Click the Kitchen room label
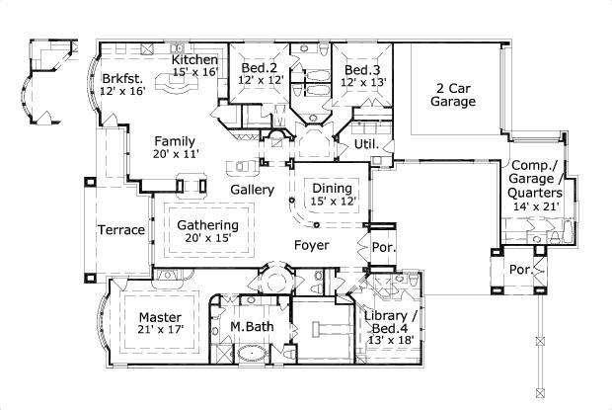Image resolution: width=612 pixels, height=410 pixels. pyautogui.click(x=194, y=59)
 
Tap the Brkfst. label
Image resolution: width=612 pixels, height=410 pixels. pyautogui.click(x=122, y=78)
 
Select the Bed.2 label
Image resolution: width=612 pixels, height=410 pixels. pyautogui.click(x=260, y=67)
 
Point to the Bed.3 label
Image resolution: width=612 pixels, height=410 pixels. pyautogui.click(x=362, y=70)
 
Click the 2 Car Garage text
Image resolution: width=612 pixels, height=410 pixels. pyautogui.click(x=453, y=95)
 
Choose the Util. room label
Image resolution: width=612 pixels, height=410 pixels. pyautogui.click(x=366, y=144)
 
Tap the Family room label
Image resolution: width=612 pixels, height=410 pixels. pyautogui.click(x=175, y=141)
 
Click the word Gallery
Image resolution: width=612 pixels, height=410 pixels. pyautogui.click(x=252, y=190)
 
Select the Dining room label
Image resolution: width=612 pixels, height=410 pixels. pyautogui.click(x=332, y=189)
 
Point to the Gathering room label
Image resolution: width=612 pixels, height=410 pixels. pyautogui.click(x=207, y=225)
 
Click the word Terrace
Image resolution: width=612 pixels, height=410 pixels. pyautogui.click(x=121, y=230)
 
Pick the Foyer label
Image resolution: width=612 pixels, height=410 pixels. pyautogui.click(x=312, y=245)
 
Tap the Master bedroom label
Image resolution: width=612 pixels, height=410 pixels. pyautogui.click(x=160, y=317)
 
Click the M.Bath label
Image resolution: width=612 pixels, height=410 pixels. pyautogui.click(x=252, y=326)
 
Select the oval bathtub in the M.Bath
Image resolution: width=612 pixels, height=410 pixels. pyautogui.click(x=252, y=354)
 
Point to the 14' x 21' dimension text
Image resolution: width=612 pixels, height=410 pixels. pyautogui.click(x=536, y=206)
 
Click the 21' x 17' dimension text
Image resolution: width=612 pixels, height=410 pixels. pyautogui.click(x=161, y=330)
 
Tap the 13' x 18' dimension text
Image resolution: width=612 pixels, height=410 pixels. pyautogui.click(x=391, y=340)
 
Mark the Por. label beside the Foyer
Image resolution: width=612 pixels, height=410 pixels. pyautogui.click(x=384, y=247)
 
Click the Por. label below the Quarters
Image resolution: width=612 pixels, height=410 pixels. pyautogui.click(x=520, y=270)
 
